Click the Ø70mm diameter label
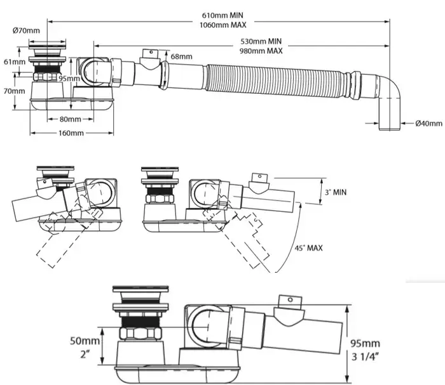point(26,30)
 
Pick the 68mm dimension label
point(181,57)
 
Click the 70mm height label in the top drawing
point(11,91)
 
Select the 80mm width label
point(71,119)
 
